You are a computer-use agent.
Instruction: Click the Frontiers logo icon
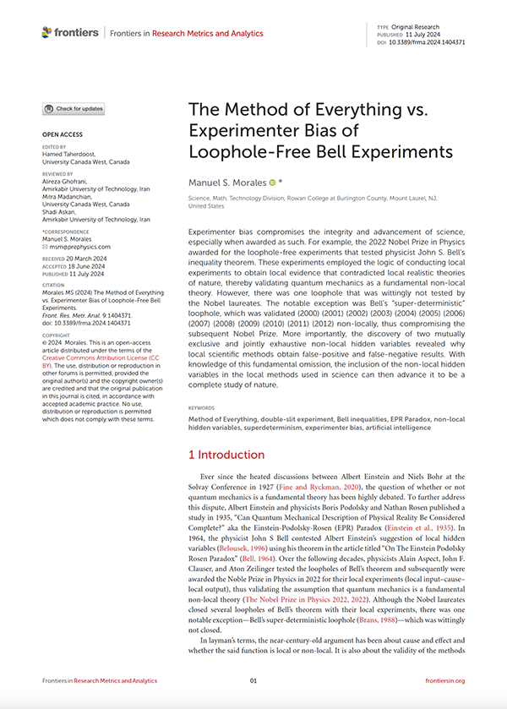47,33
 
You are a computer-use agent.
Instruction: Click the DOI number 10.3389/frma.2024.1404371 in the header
426,41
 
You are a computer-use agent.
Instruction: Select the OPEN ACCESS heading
63,135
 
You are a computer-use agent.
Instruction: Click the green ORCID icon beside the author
272,183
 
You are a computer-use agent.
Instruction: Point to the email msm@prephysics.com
76,247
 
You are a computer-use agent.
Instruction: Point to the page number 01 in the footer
253,680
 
